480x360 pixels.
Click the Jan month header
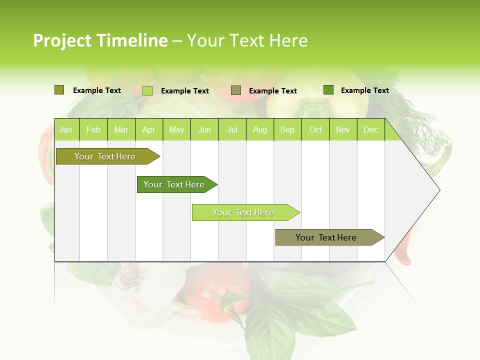pyautogui.click(x=66, y=130)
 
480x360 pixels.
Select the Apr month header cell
pyautogui.click(x=148, y=130)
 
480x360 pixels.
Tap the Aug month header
pyautogui.click(x=259, y=130)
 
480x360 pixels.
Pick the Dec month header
pyautogui.click(x=370, y=130)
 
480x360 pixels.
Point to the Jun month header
pyautogui.click(x=204, y=130)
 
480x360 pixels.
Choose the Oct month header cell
pyautogui.click(x=315, y=130)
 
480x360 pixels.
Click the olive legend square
pyautogui.click(x=59, y=90)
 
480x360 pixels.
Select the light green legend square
pyautogui.click(x=147, y=90)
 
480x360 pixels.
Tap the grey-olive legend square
pyautogui.click(x=236, y=90)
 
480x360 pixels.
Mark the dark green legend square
pyautogui.click(x=328, y=90)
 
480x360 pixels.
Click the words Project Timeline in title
pyautogui.click(x=100, y=40)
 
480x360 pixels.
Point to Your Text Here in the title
pyautogui.click(x=247, y=40)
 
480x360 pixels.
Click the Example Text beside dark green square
pyautogui.click(x=364, y=90)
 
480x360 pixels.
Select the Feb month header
pyautogui.click(x=93, y=130)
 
